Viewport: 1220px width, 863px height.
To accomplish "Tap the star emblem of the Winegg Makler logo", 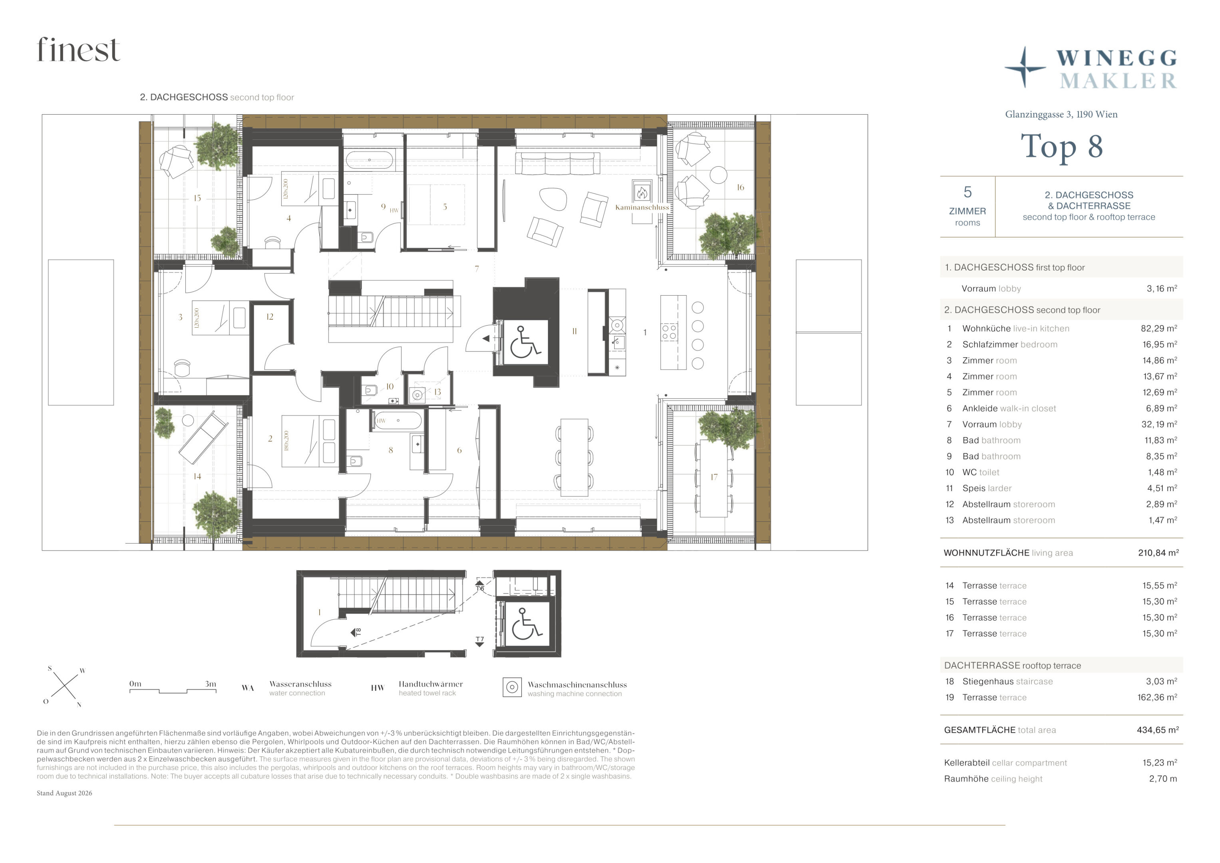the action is (1025, 68).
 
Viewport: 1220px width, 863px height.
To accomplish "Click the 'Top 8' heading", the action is (1062, 147).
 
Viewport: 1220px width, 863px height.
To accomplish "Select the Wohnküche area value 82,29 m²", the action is (1158, 328).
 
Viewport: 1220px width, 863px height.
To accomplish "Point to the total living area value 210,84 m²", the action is (1158, 553).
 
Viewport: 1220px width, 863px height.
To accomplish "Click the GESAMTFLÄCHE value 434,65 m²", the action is (1157, 730).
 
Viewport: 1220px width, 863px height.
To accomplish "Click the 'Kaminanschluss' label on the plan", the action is (642, 207).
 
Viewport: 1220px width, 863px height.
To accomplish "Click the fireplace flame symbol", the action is (642, 192).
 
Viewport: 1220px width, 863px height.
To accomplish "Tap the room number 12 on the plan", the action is (270, 317).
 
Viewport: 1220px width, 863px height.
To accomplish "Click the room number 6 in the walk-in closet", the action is (459, 450).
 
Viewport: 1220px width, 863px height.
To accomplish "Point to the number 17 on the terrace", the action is (714, 477).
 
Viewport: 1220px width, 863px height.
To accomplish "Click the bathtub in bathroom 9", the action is (369, 160).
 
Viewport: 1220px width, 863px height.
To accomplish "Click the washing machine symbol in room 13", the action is (418, 394).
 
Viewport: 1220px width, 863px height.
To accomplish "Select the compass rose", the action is (64, 686).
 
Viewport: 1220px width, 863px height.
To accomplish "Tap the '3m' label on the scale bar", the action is (211, 684).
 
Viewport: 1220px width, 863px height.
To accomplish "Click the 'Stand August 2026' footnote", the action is (64, 793).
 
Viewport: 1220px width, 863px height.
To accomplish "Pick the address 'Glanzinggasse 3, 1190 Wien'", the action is (1061, 114).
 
